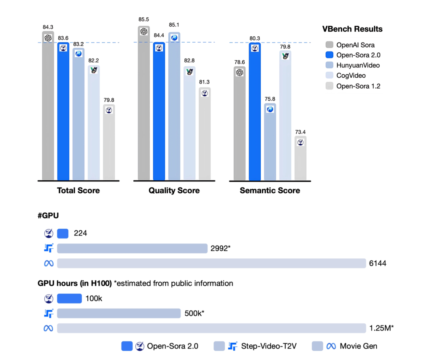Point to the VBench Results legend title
[352, 29]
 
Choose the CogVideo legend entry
[351, 76]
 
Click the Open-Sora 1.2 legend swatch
[329, 86]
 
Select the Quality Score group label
[174, 191]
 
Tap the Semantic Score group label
[270, 191]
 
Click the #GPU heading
[48, 216]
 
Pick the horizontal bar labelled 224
[62, 233]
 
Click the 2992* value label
[220, 249]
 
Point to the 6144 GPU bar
[211, 263]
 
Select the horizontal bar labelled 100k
[69, 298]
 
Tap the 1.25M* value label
[381, 328]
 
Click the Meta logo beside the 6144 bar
[49, 263]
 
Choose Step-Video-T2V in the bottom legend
[268, 346]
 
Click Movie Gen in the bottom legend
[358, 346]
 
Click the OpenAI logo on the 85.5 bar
[143, 32]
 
